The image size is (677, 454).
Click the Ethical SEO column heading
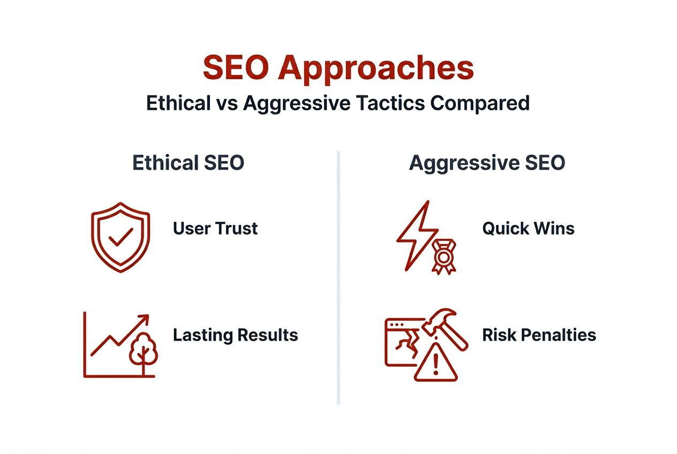click(188, 163)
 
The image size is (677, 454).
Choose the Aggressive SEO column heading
click(486, 163)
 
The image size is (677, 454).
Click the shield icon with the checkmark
click(121, 237)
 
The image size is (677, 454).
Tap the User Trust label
click(215, 229)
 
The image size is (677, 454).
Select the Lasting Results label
click(235, 335)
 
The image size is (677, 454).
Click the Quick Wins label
click(528, 229)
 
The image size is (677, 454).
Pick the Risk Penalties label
click(539, 335)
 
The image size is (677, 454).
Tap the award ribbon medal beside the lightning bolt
click(443, 257)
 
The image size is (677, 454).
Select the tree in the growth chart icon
click(143, 351)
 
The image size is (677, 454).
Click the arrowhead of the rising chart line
click(144, 320)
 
